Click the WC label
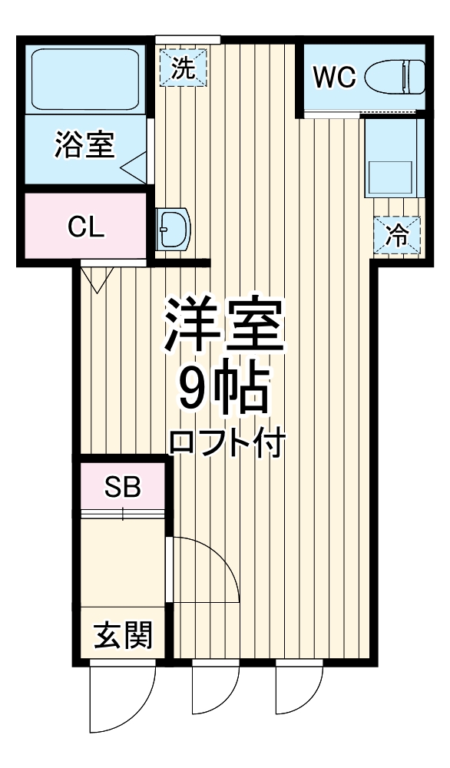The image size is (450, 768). click(x=334, y=77)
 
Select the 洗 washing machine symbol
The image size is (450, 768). click(x=182, y=68)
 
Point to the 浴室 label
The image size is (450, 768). click(x=84, y=144)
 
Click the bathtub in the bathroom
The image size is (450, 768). click(x=84, y=79)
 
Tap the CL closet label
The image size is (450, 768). click(x=85, y=228)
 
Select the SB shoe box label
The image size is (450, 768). click(x=123, y=488)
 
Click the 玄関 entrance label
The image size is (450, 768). click(x=123, y=636)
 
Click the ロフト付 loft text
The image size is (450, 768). click(x=227, y=444)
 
